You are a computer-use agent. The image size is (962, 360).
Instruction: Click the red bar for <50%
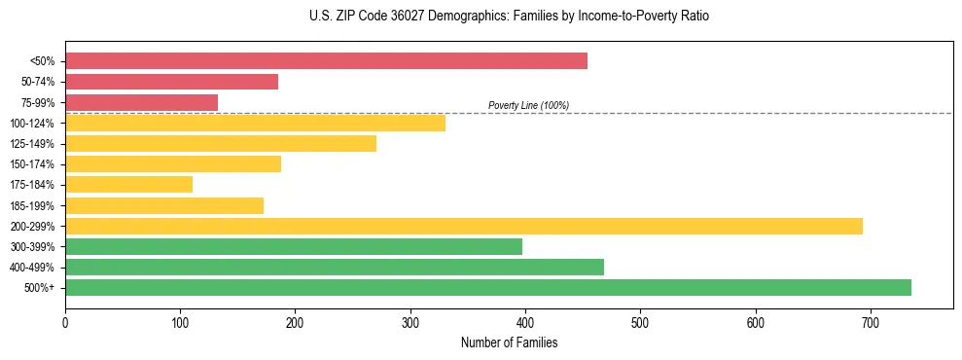(326, 61)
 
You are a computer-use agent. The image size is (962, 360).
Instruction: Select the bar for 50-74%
(171, 82)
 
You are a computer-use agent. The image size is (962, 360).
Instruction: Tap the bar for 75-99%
(141, 102)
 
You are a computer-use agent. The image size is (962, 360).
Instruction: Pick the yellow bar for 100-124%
(255, 123)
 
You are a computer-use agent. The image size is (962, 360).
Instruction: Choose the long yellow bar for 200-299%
(464, 226)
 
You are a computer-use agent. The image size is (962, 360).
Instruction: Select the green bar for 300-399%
(294, 246)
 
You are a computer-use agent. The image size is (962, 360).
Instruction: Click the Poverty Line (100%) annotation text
(528, 105)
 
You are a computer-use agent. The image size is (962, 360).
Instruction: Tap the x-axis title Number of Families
(509, 342)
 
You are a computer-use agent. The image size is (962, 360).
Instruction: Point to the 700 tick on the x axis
(870, 322)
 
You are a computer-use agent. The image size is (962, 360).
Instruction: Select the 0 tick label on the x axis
(65, 322)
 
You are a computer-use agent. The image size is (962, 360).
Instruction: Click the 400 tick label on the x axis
(525, 322)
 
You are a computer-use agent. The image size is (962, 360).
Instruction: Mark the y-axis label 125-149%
(33, 144)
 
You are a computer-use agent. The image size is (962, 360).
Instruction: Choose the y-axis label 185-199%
(33, 205)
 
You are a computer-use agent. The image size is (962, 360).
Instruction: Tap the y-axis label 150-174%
(33, 164)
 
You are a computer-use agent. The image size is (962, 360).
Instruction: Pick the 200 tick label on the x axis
(295, 322)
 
